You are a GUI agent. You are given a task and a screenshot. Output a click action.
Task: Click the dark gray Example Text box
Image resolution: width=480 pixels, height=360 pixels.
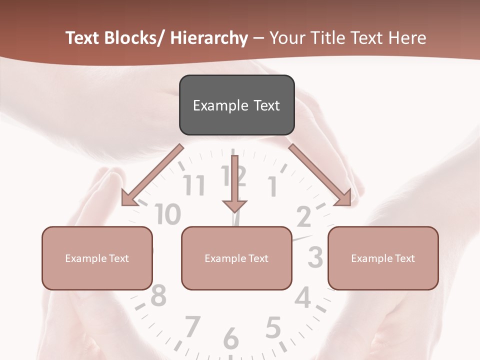tap(236, 105)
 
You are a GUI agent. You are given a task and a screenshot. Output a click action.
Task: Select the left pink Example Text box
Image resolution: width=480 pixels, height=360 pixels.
tap(97, 258)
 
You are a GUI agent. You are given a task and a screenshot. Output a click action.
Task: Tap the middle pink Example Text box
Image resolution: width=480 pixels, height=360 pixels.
tap(236, 258)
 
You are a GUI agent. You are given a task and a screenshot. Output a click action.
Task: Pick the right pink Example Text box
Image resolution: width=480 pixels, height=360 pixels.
tap(383, 258)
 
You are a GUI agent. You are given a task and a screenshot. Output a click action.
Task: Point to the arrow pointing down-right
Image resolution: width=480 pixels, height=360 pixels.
tap(320, 175)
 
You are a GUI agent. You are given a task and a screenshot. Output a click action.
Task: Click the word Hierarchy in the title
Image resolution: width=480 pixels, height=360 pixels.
tap(209, 38)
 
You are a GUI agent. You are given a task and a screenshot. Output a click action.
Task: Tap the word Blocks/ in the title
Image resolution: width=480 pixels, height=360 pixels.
tap(133, 38)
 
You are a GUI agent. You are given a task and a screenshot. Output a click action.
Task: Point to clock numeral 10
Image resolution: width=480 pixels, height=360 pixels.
tap(167, 214)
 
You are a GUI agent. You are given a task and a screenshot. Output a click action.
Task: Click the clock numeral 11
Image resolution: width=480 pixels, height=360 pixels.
tap(194, 185)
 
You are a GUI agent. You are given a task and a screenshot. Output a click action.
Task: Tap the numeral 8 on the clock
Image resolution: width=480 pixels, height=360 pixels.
tap(158, 295)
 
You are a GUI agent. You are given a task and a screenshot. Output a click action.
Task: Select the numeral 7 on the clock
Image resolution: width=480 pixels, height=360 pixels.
tap(192, 326)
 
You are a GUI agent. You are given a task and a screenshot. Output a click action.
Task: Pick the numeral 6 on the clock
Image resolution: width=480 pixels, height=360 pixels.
tap(230, 338)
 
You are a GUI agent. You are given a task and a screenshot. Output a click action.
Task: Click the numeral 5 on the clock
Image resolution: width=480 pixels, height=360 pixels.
tap(272, 328)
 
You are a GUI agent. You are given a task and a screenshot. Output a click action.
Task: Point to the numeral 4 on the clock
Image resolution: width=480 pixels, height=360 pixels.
tap(302, 298)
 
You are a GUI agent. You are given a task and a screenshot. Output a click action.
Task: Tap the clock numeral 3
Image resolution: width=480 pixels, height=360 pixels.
tap(315, 257)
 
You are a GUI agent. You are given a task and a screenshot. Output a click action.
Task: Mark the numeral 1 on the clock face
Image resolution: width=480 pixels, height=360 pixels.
tap(273, 187)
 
